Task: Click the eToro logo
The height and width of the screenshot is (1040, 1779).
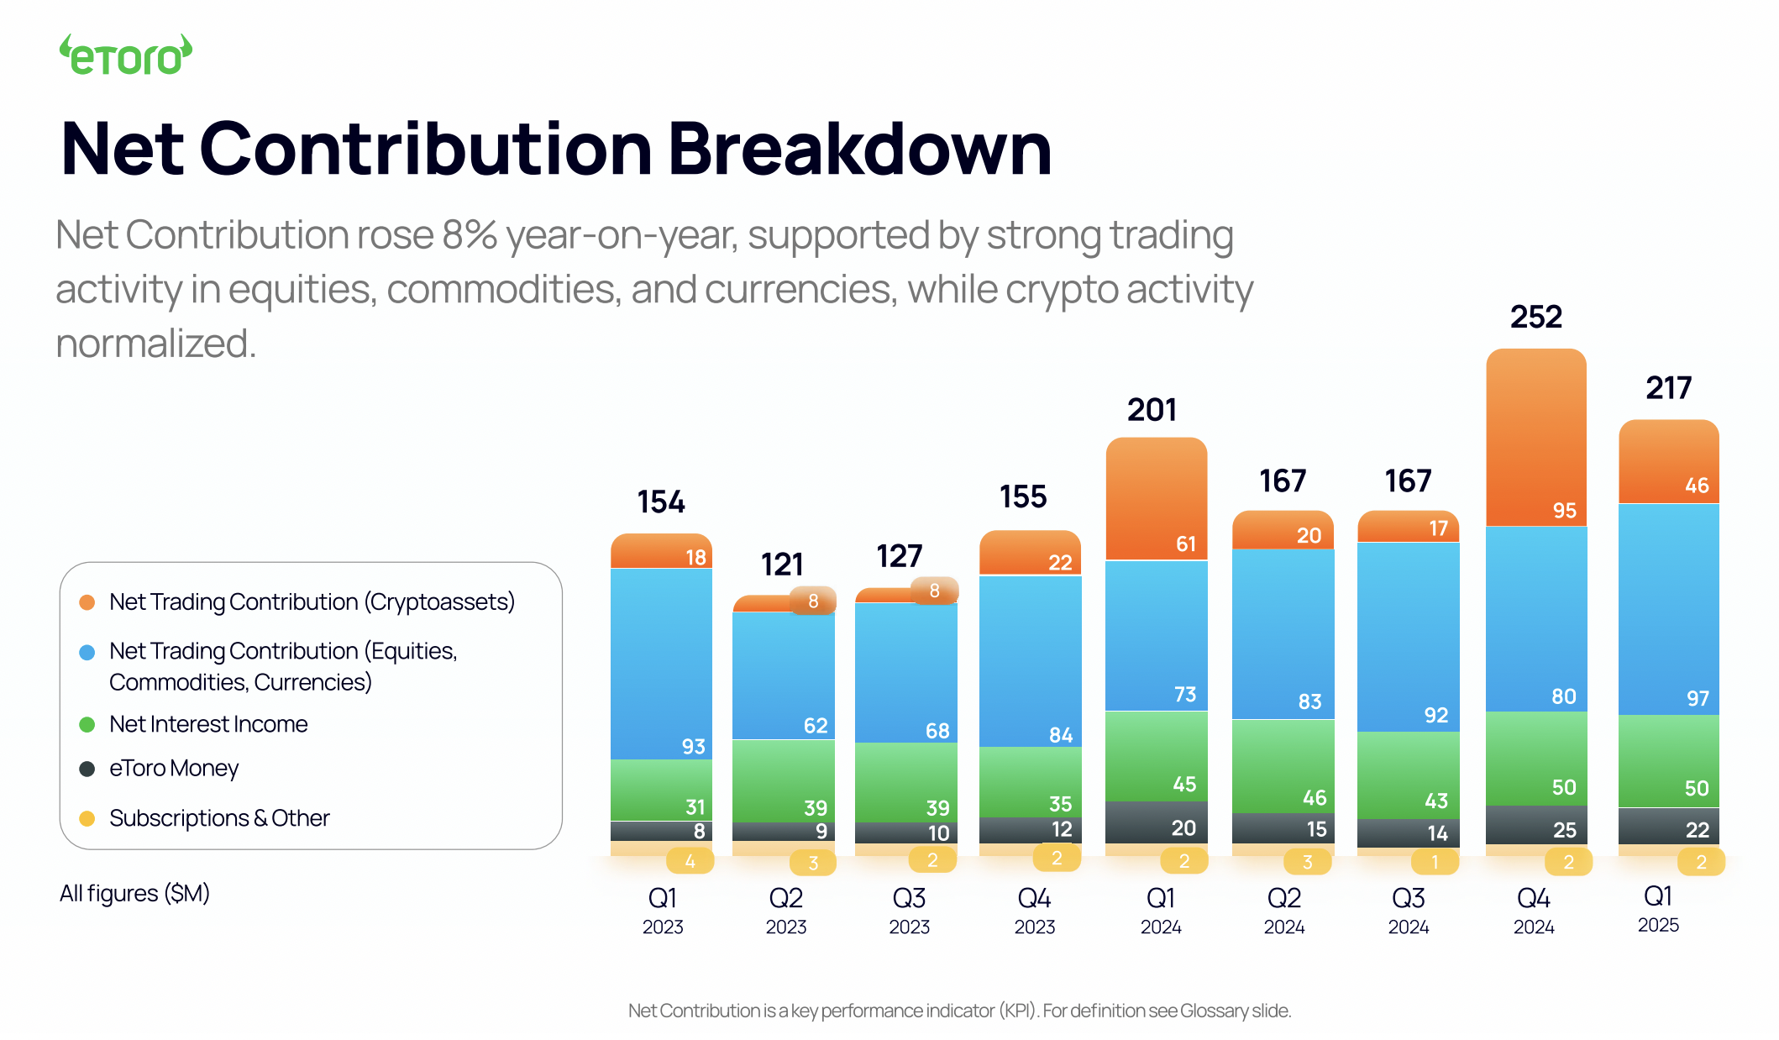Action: click(x=126, y=55)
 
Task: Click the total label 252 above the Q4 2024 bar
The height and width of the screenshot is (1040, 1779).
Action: click(x=1535, y=317)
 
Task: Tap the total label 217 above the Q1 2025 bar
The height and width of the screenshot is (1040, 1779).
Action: click(x=1668, y=388)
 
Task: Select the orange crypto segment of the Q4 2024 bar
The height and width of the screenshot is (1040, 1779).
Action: click(x=1535, y=437)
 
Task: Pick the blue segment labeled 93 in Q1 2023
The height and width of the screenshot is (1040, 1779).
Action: click(x=661, y=664)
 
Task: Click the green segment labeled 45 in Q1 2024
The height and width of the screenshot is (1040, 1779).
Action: click(x=1156, y=756)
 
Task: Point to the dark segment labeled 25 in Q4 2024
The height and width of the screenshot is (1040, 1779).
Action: click(x=1535, y=826)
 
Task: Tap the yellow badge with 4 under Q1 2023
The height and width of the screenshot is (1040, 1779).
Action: click(x=690, y=861)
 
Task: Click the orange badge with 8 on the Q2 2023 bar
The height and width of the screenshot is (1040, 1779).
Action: click(x=812, y=601)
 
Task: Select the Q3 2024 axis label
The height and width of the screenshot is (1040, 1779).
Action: click(x=1408, y=910)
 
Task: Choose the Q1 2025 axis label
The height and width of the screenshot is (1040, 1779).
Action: click(x=1658, y=908)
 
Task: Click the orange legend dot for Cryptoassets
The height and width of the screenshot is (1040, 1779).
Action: click(x=87, y=602)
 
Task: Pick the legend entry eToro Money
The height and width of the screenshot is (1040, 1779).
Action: click(x=174, y=769)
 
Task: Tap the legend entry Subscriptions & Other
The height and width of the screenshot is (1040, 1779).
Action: click(x=219, y=818)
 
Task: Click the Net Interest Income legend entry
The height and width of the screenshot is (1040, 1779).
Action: click(x=208, y=724)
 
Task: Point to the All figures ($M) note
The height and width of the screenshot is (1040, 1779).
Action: click(x=134, y=893)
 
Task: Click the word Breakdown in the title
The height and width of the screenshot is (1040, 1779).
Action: click(x=859, y=150)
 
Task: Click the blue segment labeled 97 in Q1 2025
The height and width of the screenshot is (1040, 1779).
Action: click(x=1668, y=609)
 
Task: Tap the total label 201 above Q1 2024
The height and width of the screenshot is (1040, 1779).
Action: click(x=1152, y=410)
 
